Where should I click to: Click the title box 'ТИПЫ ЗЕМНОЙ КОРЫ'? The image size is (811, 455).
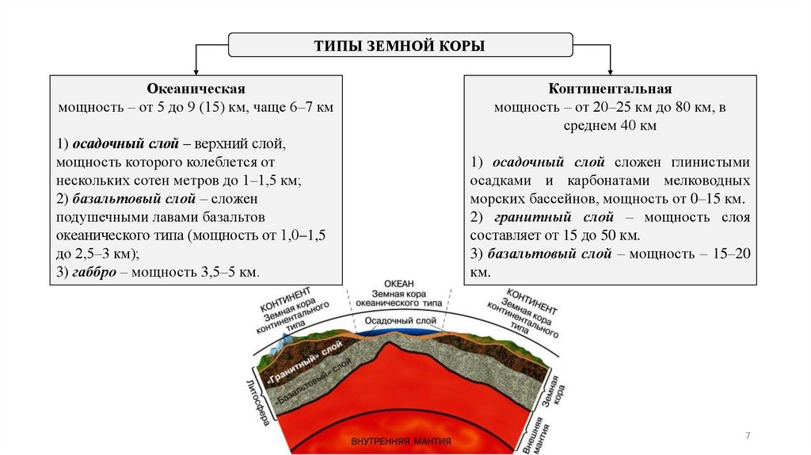pos(400,45)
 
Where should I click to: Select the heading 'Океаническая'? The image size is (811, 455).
pos(196,89)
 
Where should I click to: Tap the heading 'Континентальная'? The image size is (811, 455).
pos(610,89)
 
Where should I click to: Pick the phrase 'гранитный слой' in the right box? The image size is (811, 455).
pos(568,217)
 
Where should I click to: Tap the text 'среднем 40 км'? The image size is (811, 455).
pos(610,125)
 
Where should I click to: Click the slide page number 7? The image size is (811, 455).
pos(748,436)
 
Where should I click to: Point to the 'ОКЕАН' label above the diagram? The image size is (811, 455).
pos(399,283)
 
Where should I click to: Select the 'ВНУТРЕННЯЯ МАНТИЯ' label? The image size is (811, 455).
pos(401,441)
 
